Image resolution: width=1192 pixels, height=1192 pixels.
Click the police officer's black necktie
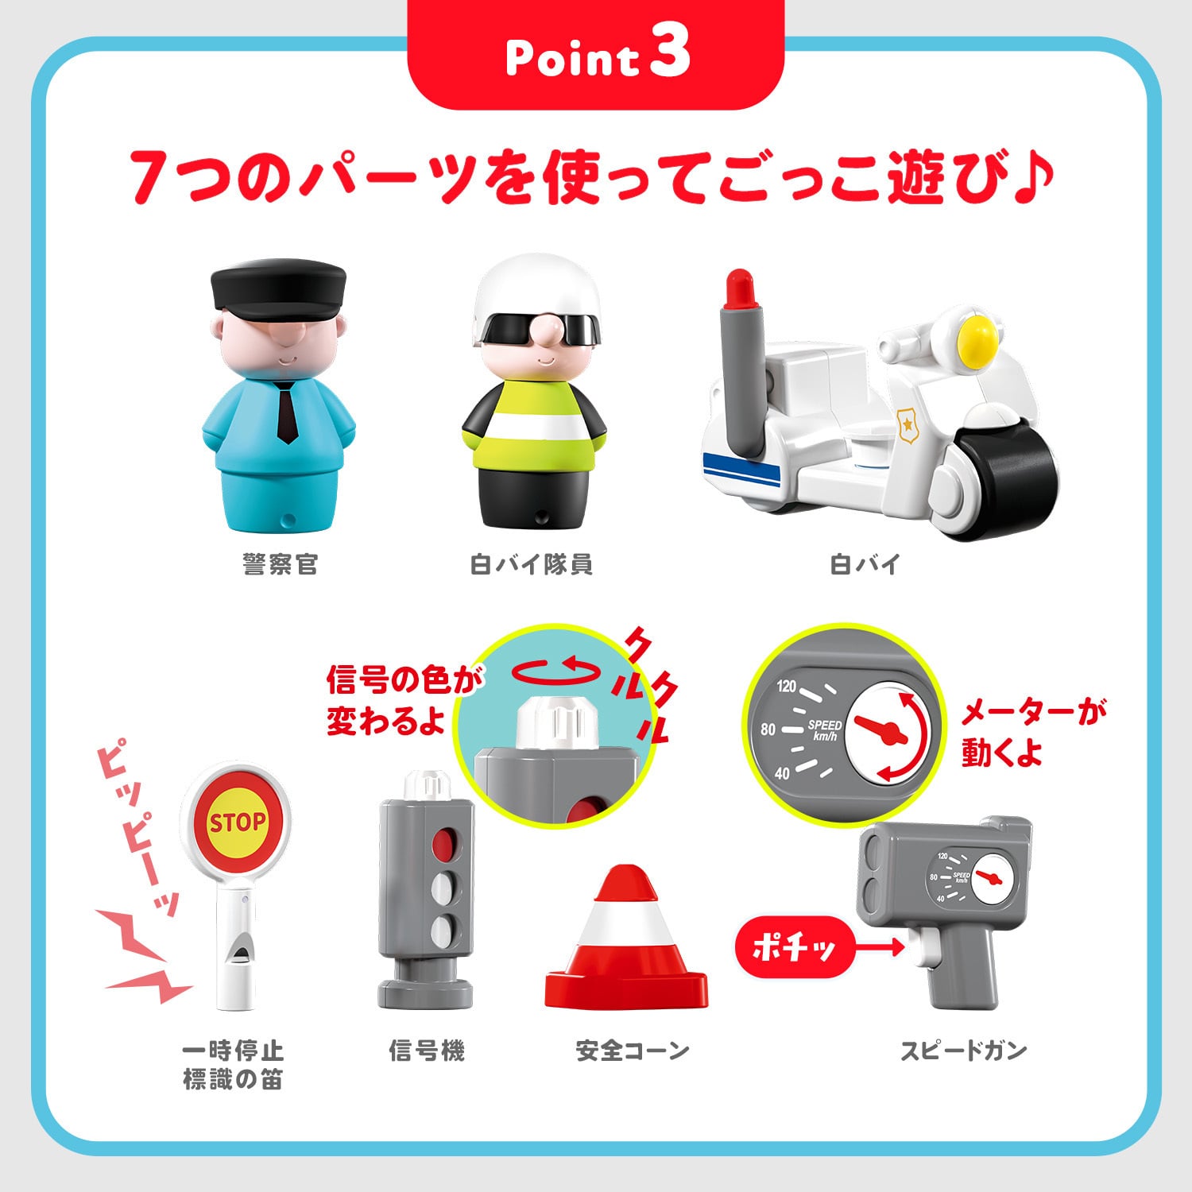tap(287, 412)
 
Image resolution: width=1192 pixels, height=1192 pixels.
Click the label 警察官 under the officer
tap(281, 565)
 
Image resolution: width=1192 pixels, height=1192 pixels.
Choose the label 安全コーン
tap(633, 1051)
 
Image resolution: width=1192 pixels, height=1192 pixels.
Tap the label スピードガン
tap(963, 1051)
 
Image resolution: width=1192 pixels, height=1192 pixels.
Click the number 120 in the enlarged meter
tap(786, 686)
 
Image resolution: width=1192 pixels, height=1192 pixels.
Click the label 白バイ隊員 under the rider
tap(531, 565)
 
